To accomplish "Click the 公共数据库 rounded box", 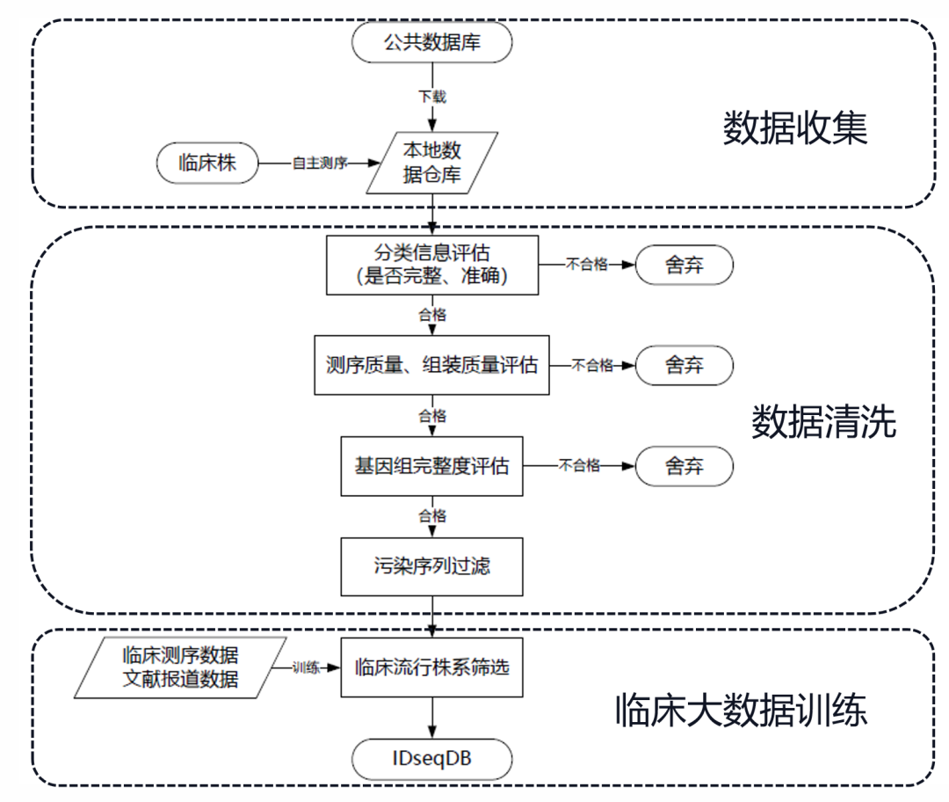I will coord(431,42).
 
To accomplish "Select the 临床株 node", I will coord(207,164).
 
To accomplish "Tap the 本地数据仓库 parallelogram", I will coord(431,164).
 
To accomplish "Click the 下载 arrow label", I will coord(431,96).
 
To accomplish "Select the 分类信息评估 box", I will coord(431,265).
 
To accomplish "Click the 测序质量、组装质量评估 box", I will coord(431,365).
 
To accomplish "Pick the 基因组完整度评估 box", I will coord(431,466).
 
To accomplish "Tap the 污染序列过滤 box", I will coord(431,565).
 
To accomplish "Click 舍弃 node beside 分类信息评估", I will coord(685,265).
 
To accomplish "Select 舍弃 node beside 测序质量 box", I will coord(685,365).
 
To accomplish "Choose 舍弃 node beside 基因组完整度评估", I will coord(685,466).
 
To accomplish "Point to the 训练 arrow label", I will coord(306,667).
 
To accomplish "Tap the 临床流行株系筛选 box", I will coord(431,667).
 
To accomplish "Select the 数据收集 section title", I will coord(794,128).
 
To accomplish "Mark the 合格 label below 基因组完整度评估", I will coord(431,515).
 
